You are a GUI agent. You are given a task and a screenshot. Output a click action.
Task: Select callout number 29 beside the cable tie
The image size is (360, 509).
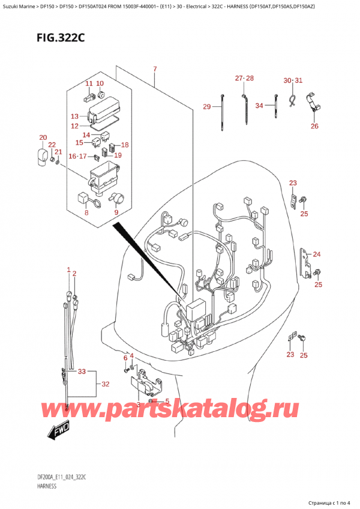(207, 107)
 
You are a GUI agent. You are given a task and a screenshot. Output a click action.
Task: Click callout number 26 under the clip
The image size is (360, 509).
(314, 126)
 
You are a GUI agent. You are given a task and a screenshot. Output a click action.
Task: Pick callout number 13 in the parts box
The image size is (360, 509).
(74, 116)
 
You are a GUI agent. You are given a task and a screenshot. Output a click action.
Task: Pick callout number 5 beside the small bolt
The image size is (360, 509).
(167, 401)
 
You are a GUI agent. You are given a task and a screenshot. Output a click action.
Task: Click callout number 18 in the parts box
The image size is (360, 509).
(125, 145)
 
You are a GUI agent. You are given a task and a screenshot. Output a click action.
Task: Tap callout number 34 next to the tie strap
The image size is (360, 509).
(259, 106)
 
